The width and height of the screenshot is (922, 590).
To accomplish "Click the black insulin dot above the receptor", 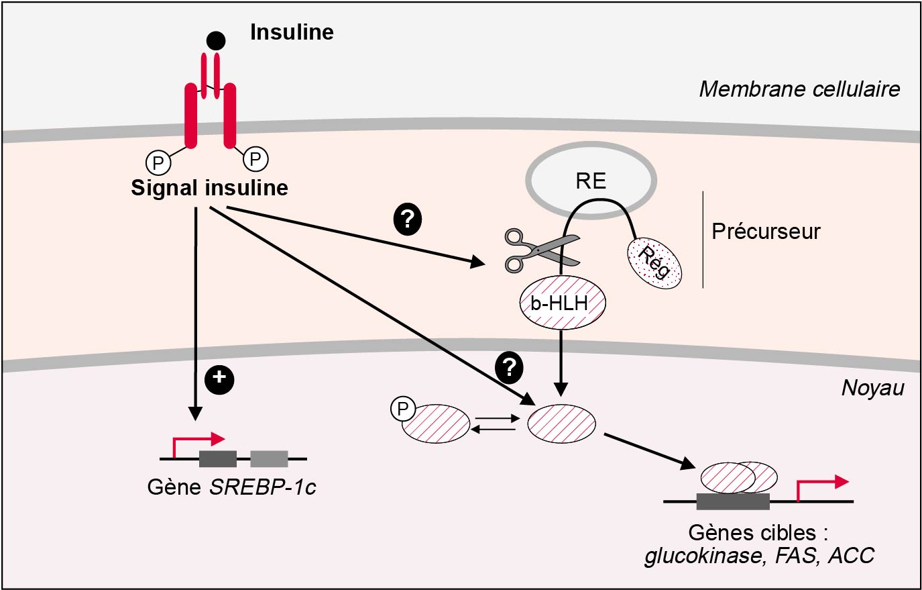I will point(215,41).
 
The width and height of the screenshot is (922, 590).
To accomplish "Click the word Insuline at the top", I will point(292,32).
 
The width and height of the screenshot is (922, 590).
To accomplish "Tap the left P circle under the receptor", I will point(158,162).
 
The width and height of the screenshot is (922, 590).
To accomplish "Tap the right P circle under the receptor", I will point(255,159).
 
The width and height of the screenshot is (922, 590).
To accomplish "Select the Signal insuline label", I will point(209,188).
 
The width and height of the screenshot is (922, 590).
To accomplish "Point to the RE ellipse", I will point(591,181).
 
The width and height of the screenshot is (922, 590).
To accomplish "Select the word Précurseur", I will point(766,232).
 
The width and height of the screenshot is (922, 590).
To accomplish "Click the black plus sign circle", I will point(219,379).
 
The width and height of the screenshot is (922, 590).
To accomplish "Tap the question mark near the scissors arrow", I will point(407,219).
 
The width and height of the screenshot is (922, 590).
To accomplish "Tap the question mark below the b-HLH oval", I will point(509,367).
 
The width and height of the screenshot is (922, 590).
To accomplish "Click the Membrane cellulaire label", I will point(799,89).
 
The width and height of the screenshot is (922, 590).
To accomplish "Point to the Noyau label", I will point(872,388).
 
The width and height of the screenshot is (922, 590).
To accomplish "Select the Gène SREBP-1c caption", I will point(231,487).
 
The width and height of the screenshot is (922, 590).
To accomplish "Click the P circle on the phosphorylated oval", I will point(403,409).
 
